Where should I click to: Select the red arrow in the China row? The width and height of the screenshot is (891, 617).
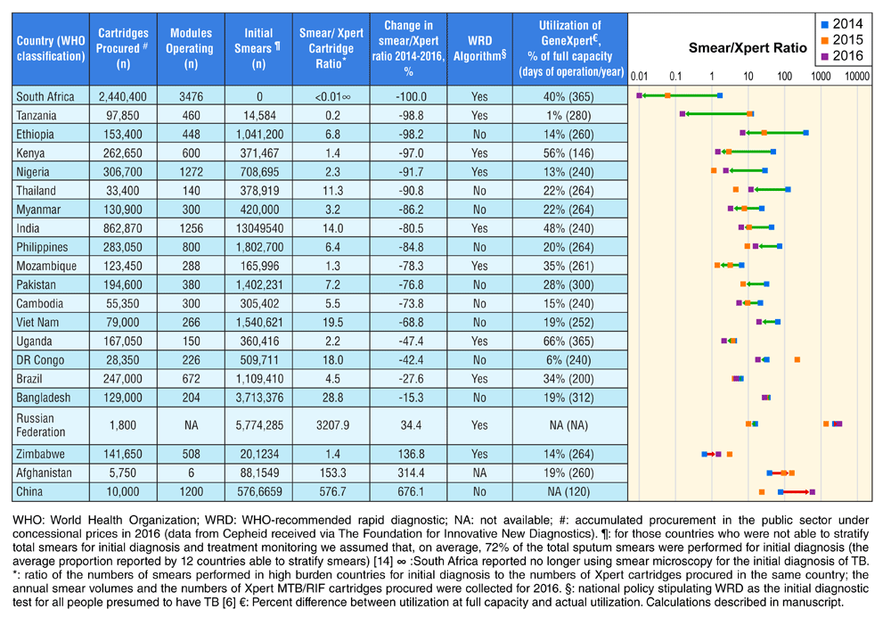pos(796,491)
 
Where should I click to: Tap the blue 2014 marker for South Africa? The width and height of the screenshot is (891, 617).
pos(719,95)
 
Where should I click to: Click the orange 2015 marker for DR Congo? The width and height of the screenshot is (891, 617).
pos(797,359)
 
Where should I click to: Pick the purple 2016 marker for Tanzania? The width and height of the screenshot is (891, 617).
pos(682,114)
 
